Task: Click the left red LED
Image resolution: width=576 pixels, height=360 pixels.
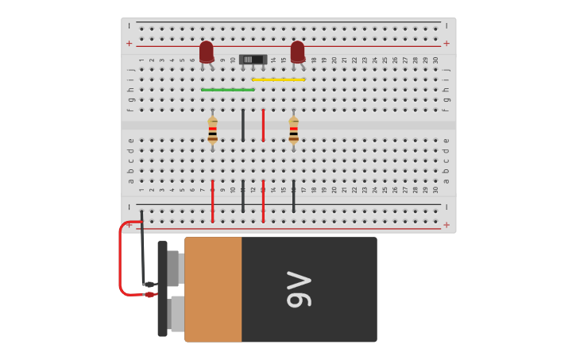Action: pos(207,52)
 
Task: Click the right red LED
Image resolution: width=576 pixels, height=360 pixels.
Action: pos(297,52)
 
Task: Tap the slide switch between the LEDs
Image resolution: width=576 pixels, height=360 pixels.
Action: pos(253,60)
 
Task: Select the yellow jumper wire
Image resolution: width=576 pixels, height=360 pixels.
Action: pos(278,79)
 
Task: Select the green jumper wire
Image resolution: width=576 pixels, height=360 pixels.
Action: pos(227,90)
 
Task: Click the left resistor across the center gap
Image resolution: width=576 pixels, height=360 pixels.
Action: pos(212,130)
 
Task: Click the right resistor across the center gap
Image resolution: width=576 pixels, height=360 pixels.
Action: pos(293,130)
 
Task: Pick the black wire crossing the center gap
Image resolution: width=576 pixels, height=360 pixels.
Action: pos(243,126)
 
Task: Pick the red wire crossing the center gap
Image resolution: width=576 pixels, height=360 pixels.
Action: pos(263,126)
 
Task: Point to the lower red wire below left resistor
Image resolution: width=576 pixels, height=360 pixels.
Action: pos(212,202)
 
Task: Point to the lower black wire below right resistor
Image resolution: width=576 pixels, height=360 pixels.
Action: pos(293,197)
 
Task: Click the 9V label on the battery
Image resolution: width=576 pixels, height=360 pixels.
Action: pos(299,289)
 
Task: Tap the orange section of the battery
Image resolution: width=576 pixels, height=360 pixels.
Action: pos(213,289)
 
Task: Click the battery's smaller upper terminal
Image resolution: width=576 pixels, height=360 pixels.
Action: pos(174,268)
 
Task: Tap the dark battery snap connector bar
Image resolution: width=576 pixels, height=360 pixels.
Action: pos(162,288)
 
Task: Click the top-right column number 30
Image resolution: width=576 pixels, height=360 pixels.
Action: pos(435,60)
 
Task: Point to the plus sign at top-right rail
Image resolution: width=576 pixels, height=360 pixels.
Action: pos(446,43)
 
